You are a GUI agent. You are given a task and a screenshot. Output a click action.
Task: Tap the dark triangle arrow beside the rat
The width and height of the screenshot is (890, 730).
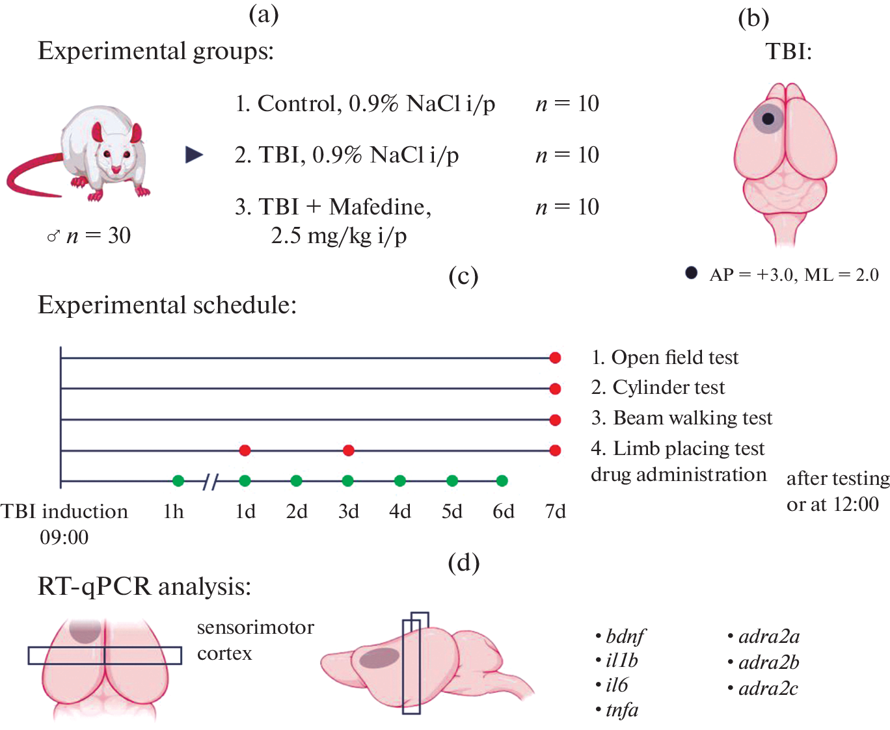pyautogui.click(x=194, y=155)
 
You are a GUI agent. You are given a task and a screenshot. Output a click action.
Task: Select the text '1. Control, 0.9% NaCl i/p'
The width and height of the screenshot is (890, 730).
pyautogui.click(x=365, y=104)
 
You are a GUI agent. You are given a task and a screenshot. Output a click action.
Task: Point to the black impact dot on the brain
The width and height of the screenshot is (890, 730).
pyautogui.click(x=768, y=118)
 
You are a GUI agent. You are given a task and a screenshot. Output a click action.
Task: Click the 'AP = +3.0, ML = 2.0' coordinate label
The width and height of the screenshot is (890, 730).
pyautogui.click(x=794, y=275)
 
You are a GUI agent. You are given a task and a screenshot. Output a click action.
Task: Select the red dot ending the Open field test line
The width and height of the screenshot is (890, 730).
pyautogui.click(x=555, y=358)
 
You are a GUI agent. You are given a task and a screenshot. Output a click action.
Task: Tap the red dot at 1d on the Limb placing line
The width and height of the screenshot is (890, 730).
pyautogui.click(x=245, y=450)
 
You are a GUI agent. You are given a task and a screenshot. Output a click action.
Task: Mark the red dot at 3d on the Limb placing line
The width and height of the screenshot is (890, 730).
pyautogui.click(x=348, y=450)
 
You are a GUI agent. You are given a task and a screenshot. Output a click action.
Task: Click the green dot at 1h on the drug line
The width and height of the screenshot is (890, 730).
pyautogui.click(x=178, y=481)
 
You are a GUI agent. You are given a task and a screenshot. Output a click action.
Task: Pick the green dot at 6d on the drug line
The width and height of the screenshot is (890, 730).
pyautogui.click(x=502, y=481)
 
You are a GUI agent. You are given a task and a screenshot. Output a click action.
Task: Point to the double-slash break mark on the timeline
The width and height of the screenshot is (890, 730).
pyautogui.click(x=210, y=482)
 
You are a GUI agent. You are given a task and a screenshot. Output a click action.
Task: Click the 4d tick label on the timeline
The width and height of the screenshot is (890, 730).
pyautogui.click(x=400, y=512)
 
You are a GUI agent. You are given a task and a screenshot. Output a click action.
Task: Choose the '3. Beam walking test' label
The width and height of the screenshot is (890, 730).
pyautogui.click(x=682, y=418)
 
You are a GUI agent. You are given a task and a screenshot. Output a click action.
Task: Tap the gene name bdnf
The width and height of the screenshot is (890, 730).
pyautogui.click(x=625, y=636)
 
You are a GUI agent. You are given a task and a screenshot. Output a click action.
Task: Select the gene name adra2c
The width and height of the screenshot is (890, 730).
pyautogui.click(x=768, y=688)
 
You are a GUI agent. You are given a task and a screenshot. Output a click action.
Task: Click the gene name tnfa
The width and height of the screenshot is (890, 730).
pyautogui.click(x=622, y=710)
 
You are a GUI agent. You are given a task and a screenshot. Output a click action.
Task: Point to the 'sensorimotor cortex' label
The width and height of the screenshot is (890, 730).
pyautogui.click(x=255, y=640)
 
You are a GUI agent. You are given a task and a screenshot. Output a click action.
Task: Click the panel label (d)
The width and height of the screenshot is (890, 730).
pyautogui.click(x=463, y=562)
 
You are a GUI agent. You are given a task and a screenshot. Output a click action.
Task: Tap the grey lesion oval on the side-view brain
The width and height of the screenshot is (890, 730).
pyautogui.click(x=379, y=658)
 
